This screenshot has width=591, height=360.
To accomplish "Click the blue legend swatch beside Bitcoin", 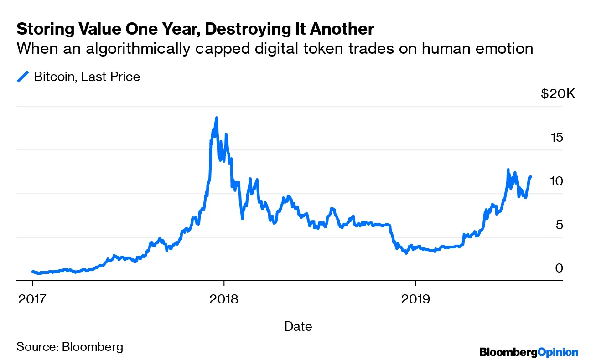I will pyautogui.click(x=23, y=77).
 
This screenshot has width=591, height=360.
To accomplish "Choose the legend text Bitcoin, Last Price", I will pyautogui.click(x=87, y=77).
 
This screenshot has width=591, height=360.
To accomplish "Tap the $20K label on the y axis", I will pyautogui.click(x=558, y=94).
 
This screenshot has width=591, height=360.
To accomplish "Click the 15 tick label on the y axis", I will pyautogui.click(x=558, y=137).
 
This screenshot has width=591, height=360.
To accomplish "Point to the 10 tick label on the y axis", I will pyautogui.click(x=558, y=181).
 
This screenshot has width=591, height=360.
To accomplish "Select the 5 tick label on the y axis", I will pyautogui.click(x=560, y=225).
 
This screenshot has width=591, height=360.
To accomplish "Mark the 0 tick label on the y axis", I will pyautogui.click(x=560, y=268).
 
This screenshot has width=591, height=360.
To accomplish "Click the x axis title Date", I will pyautogui.click(x=298, y=326).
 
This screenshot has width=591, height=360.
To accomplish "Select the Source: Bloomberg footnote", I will pyautogui.click(x=70, y=347).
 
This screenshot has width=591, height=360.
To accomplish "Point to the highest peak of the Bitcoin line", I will pyautogui.click(x=216, y=118).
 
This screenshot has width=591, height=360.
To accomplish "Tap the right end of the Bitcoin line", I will pyautogui.click(x=531, y=177).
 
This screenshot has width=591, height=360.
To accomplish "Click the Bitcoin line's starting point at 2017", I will pyautogui.click(x=32, y=272).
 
